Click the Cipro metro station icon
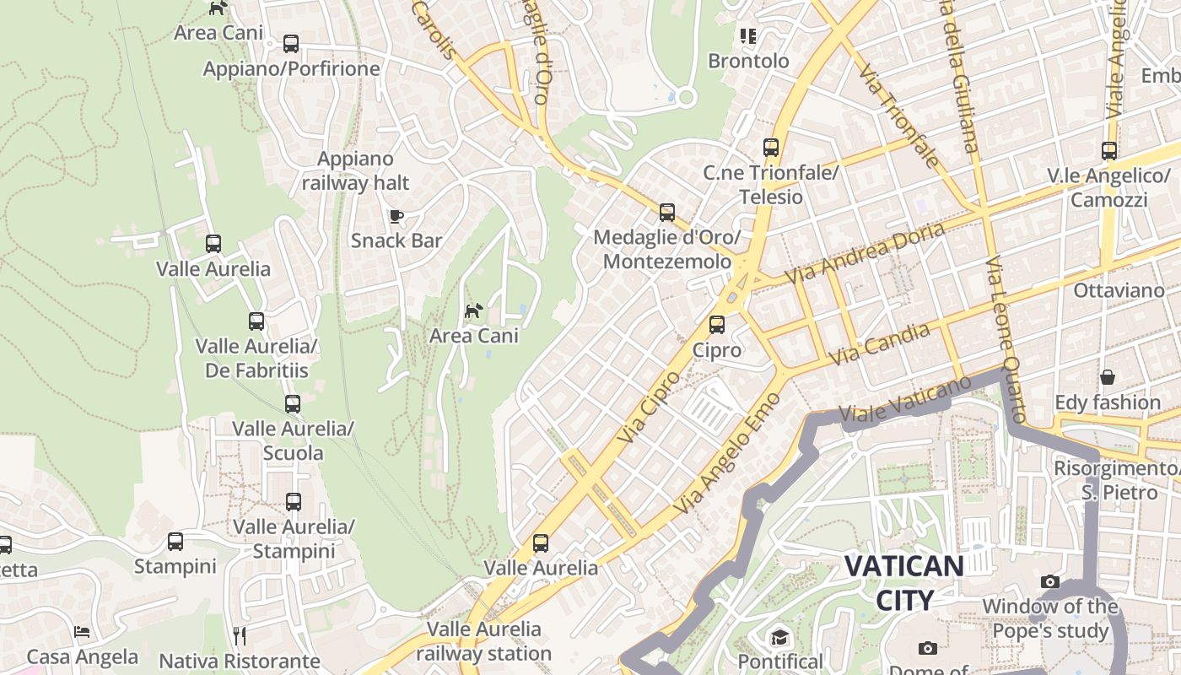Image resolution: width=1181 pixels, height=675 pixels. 717,324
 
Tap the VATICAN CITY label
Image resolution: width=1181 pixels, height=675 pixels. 903,582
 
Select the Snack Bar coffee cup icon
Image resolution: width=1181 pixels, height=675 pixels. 396,217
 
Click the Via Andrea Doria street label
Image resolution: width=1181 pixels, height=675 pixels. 865,253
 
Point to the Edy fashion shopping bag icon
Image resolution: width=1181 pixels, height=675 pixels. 1107,377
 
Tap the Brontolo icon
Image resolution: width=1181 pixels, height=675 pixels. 748,35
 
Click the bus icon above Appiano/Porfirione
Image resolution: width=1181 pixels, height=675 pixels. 291,43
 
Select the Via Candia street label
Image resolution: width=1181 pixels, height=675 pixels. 880,344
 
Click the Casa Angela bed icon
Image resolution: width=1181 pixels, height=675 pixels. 82,632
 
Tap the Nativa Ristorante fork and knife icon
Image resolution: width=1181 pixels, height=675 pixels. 240,635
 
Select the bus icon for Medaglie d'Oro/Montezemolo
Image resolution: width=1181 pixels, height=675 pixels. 667,213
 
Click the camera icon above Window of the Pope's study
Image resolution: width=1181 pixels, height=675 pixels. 1050,581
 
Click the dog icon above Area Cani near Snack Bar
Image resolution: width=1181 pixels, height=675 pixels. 474,311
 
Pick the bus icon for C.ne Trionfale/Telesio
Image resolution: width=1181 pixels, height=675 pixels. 771,148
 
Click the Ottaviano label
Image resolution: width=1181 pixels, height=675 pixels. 1119,291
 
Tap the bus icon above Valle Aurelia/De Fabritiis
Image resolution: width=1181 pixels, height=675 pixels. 256,321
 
